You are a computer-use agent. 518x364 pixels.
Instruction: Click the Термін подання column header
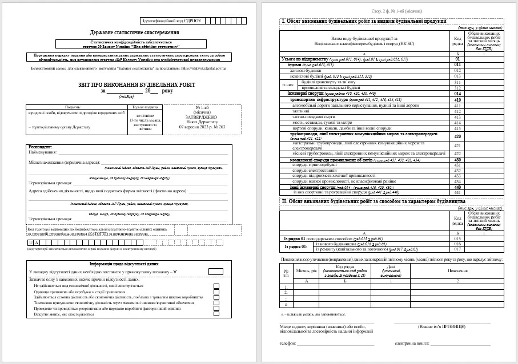point(146,107)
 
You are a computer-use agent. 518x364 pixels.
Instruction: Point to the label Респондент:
point(41,147)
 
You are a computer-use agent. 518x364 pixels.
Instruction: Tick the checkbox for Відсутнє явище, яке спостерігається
point(216,314)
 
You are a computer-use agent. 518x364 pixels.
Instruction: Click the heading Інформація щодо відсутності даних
point(124,264)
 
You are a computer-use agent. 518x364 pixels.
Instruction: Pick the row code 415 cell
point(457,122)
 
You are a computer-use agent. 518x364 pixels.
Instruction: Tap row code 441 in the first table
point(457,192)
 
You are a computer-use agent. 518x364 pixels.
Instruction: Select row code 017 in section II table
point(457,249)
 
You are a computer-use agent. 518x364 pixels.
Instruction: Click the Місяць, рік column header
point(307,271)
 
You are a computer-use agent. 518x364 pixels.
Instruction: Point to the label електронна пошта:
point(411,344)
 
